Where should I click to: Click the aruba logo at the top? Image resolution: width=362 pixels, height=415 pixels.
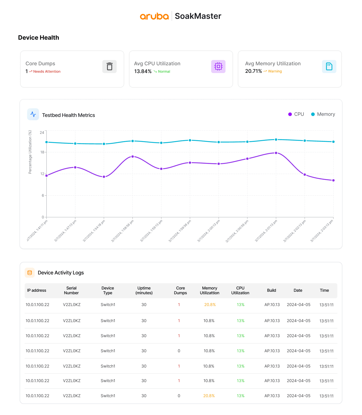[x=154, y=16]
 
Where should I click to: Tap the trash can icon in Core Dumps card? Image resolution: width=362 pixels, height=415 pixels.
[x=109, y=67]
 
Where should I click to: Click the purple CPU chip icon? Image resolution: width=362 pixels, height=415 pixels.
[x=218, y=67]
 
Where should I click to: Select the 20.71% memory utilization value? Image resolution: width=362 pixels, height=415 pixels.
[x=253, y=71]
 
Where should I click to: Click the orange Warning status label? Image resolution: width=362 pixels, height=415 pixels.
[x=275, y=71]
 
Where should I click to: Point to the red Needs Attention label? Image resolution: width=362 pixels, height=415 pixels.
[x=47, y=72]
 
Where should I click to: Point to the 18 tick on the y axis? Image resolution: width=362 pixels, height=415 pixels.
[x=42, y=152]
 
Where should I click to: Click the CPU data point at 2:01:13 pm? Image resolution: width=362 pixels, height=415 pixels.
[x=276, y=153]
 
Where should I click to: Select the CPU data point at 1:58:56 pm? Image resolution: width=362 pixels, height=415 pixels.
[x=132, y=156]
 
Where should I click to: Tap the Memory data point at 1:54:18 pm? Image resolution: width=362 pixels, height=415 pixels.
[x=104, y=144]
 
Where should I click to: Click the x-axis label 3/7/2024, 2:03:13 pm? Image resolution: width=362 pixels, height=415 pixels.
[x=322, y=231]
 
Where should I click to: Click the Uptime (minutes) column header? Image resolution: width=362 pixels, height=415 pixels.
[x=144, y=290]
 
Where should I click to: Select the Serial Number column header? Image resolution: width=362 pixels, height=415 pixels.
[x=71, y=290]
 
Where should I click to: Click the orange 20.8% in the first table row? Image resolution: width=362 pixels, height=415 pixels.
[x=210, y=305]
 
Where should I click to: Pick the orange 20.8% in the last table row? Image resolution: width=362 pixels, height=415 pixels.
[x=209, y=396]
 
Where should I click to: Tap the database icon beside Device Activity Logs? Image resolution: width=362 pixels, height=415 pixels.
[x=30, y=273]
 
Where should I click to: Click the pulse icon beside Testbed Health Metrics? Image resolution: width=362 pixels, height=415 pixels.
[x=33, y=114]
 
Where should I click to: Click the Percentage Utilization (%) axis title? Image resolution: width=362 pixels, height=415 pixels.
[x=30, y=152]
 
